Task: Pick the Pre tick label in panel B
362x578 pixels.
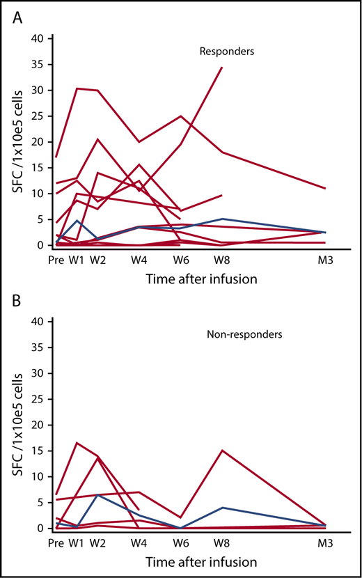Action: click(x=55, y=540)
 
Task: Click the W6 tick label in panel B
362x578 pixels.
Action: click(x=180, y=540)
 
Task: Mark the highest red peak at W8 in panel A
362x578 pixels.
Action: click(x=221, y=68)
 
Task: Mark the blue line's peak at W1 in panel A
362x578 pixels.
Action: click(x=77, y=221)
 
